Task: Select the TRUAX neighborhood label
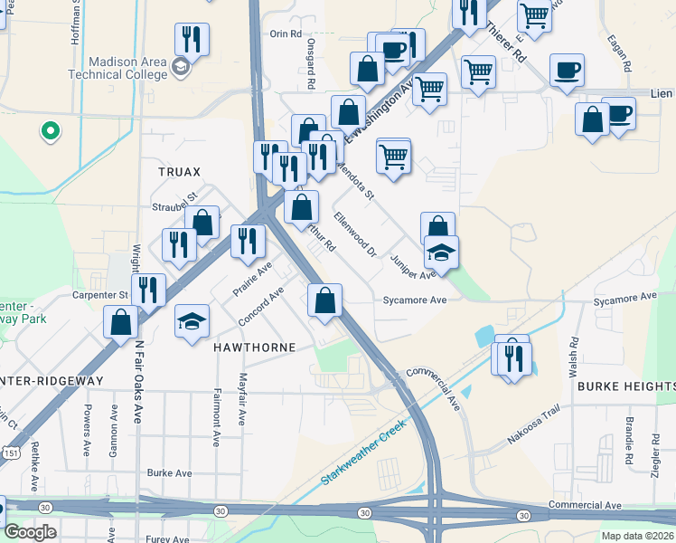(179, 171)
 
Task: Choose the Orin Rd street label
(285, 33)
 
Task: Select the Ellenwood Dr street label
(353, 233)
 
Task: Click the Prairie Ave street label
(253, 279)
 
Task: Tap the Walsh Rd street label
(573, 358)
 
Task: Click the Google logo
(29, 533)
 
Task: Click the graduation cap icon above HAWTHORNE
(192, 321)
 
